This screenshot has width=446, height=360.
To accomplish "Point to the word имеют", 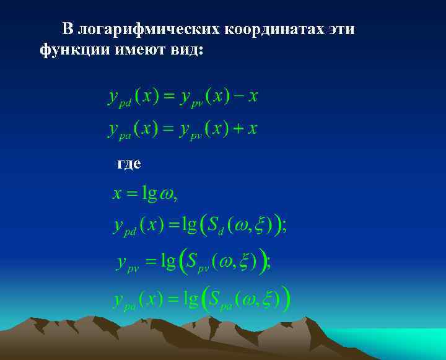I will pos(139,50).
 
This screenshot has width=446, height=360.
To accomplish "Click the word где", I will pos(129,164).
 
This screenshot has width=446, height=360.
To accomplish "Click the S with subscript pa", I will pos(214,300).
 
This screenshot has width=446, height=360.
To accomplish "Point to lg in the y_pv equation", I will pos(168,261).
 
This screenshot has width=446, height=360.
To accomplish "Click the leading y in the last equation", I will pos(118,300).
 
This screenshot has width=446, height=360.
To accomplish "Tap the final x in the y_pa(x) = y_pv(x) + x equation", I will pos(252,129).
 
